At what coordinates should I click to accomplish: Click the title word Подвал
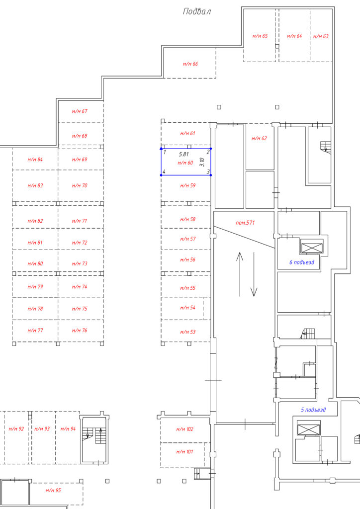coord(197,12)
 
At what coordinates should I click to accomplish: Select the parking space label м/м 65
coord(260,36)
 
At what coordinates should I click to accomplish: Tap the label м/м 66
coord(190,64)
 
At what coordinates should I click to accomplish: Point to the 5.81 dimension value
coord(184,155)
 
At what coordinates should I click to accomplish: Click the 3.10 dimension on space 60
coord(202,162)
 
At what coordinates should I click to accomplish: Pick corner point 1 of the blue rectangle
coord(161,149)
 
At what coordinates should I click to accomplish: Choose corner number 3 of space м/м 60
coord(211,175)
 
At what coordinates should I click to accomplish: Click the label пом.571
coord(245,223)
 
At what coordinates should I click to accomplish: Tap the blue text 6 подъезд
coord(302,262)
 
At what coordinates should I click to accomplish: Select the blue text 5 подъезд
coord(313,410)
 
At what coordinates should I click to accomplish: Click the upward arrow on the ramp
coord(240,274)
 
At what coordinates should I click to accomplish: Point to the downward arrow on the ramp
coord(254,274)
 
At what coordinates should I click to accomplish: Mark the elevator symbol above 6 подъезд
coord(312,248)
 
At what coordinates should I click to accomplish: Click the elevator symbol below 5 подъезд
coord(309,429)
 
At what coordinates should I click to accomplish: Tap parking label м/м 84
coord(35,160)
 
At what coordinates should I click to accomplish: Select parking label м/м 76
coord(80,331)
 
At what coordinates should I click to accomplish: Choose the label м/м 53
coord(188,332)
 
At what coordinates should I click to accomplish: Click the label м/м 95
coord(53,491)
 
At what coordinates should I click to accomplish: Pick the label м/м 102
coord(184,429)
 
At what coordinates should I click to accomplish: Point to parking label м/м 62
coord(259,139)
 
